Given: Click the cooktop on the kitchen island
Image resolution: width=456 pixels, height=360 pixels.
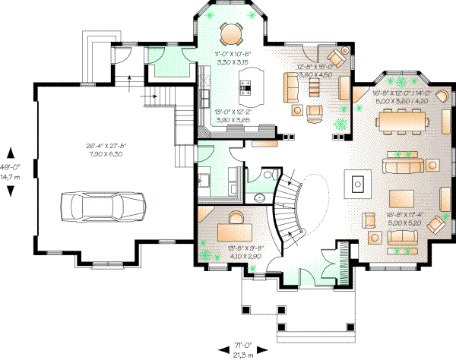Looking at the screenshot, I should (x=247, y=88).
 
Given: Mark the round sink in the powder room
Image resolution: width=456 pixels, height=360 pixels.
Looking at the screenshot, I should (x=259, y=197).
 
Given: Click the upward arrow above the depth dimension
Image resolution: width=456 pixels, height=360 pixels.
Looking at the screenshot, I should (x=10, y=150).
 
